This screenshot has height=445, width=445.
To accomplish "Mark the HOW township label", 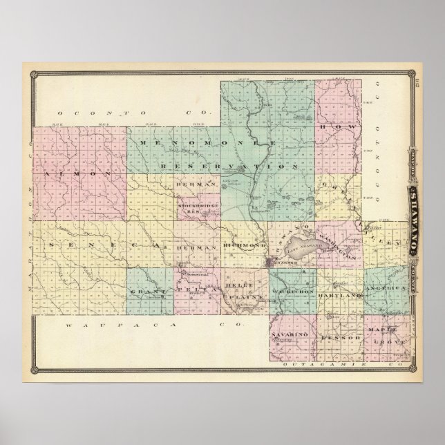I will (343, 128).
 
